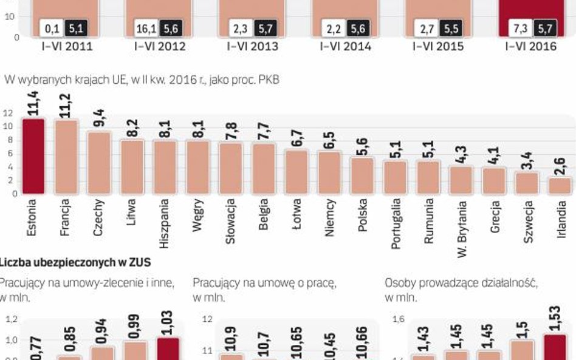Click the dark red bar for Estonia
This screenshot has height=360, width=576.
click(33, 157)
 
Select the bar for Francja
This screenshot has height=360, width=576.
click(66, 157)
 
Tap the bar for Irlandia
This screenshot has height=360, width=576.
click(559, 186)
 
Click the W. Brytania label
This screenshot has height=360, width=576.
click(461, 228)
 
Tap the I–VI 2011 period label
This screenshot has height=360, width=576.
click(59, 46)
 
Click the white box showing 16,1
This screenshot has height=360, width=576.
click(146, 28)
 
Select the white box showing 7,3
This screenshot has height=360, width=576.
click(521, 28)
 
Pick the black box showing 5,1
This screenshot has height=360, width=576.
click(75, 28)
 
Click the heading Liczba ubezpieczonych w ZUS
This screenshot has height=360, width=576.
click(75, 262)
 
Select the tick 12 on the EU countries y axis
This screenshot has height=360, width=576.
click(8, 113)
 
